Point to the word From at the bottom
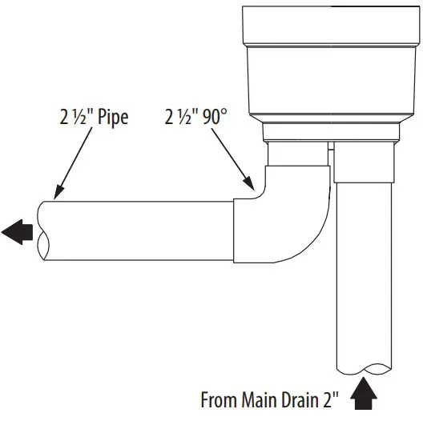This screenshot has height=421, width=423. click(x=218, y=399)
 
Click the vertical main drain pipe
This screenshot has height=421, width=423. click(x=365, y=272)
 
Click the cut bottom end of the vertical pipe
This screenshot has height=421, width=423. click(x=365, y=367)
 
